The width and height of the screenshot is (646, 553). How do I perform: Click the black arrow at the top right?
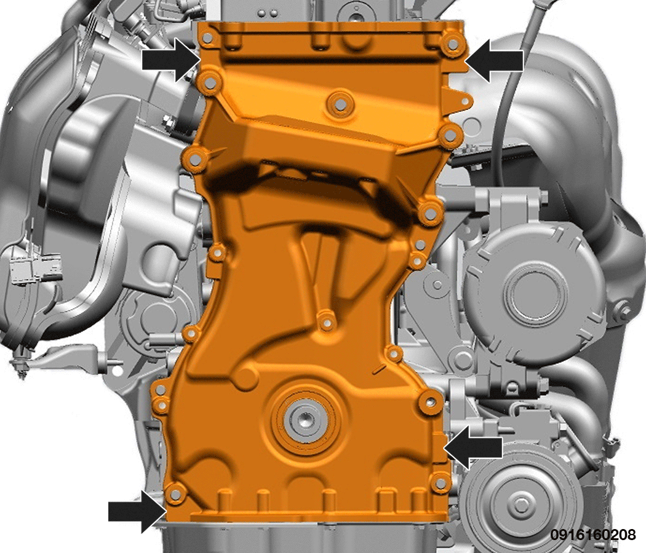pos(494,61)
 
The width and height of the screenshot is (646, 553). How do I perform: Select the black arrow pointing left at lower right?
pos(473,447)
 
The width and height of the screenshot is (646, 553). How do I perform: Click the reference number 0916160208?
pos(593,535)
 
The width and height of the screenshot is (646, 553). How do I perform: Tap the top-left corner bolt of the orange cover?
pos(208,38)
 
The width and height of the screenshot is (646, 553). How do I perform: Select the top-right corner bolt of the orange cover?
pos(452,44)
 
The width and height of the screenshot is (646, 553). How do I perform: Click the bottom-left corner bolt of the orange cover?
pos(175,493)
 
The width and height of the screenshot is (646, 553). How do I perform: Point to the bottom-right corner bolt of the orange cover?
pos(441,483)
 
